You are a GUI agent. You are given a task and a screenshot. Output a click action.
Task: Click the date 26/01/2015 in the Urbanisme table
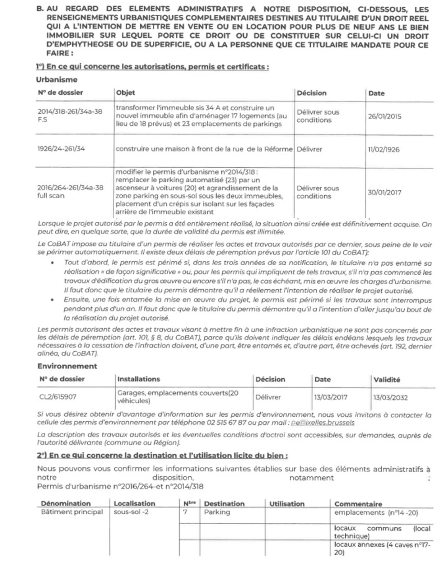point(384,117)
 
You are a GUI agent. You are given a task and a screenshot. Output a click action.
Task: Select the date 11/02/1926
point(384,149)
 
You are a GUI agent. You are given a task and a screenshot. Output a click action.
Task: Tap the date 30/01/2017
point(384,193)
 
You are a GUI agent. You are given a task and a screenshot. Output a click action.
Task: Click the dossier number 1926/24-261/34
point(61,149)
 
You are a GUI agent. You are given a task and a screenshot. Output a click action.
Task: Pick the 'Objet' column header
point(125,93)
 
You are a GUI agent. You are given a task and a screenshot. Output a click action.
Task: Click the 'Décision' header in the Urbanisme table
point(311,93)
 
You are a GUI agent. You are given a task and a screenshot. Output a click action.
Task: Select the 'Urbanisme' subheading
point(57,79)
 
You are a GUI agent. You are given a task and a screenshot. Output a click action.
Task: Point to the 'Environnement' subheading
point(67,366)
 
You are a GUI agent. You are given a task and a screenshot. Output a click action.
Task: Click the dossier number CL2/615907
point(58,397)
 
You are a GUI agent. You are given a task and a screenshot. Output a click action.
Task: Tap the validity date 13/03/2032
point(390,397)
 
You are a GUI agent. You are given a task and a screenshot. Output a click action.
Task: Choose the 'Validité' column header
point(386,379)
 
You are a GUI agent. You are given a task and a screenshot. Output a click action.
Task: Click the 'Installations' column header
point(138,379)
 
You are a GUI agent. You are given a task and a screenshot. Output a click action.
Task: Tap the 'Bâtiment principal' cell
point(72,512)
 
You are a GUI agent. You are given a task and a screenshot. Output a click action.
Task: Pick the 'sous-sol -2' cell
point(131,512)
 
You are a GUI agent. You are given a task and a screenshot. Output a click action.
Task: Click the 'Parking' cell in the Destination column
point(217,512)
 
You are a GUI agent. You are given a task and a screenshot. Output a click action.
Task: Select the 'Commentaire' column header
point(358,504)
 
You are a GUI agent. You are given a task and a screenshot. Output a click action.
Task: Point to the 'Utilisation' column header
point(287,504)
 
